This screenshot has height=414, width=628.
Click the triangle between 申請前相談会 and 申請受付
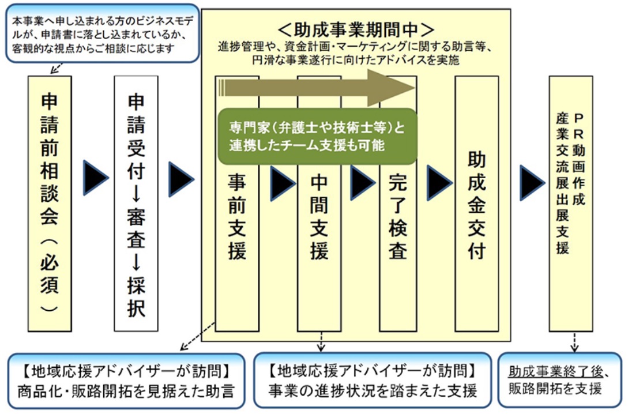tap(95, 179)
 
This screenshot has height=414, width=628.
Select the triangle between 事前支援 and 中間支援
tap(281, 183)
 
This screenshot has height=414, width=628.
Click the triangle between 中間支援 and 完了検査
tap(362, 183)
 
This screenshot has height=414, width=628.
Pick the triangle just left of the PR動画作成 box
tap(531, 183)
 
